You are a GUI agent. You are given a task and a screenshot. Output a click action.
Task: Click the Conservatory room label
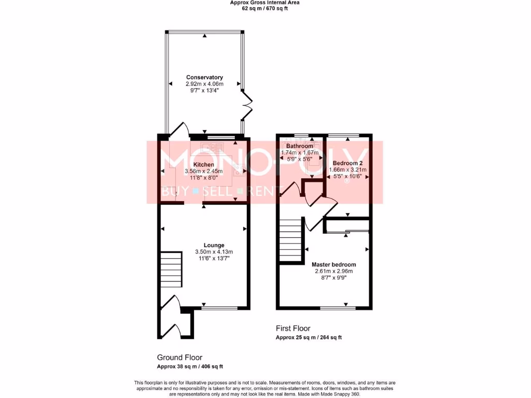click(x=204, y=77)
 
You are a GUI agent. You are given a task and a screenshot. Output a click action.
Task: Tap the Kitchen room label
click(x=204, y=164)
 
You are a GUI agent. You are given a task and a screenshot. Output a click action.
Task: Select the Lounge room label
click(x=214, y=245)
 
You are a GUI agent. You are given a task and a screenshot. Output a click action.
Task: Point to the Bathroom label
click(x=297, y=146)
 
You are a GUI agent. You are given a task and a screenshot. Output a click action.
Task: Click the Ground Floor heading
click(x=179, y=358)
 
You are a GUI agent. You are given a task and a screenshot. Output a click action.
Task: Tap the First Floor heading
click(x=293, y=328)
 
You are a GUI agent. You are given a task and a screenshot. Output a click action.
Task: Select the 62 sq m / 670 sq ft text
click(x=265, y=8)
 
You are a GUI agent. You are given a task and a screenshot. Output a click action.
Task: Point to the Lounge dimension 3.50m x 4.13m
click(x=214, y=252)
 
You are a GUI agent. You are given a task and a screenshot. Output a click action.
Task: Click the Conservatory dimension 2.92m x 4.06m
click(x=204, y=84)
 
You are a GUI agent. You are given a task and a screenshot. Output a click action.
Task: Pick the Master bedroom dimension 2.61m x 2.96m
click(x=333, y=271)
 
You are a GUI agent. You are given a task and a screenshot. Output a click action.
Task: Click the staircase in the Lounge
click(x=171, y=269)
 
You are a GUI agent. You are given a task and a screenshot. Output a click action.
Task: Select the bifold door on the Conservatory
click(x=247, y=106)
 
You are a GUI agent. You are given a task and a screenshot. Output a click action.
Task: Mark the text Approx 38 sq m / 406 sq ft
click(x=190, y=366)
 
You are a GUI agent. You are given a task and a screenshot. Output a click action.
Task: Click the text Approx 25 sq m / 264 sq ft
click(x=309, y=337)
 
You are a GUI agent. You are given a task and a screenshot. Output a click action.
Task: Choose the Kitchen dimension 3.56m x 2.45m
click(x=204, y=171)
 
